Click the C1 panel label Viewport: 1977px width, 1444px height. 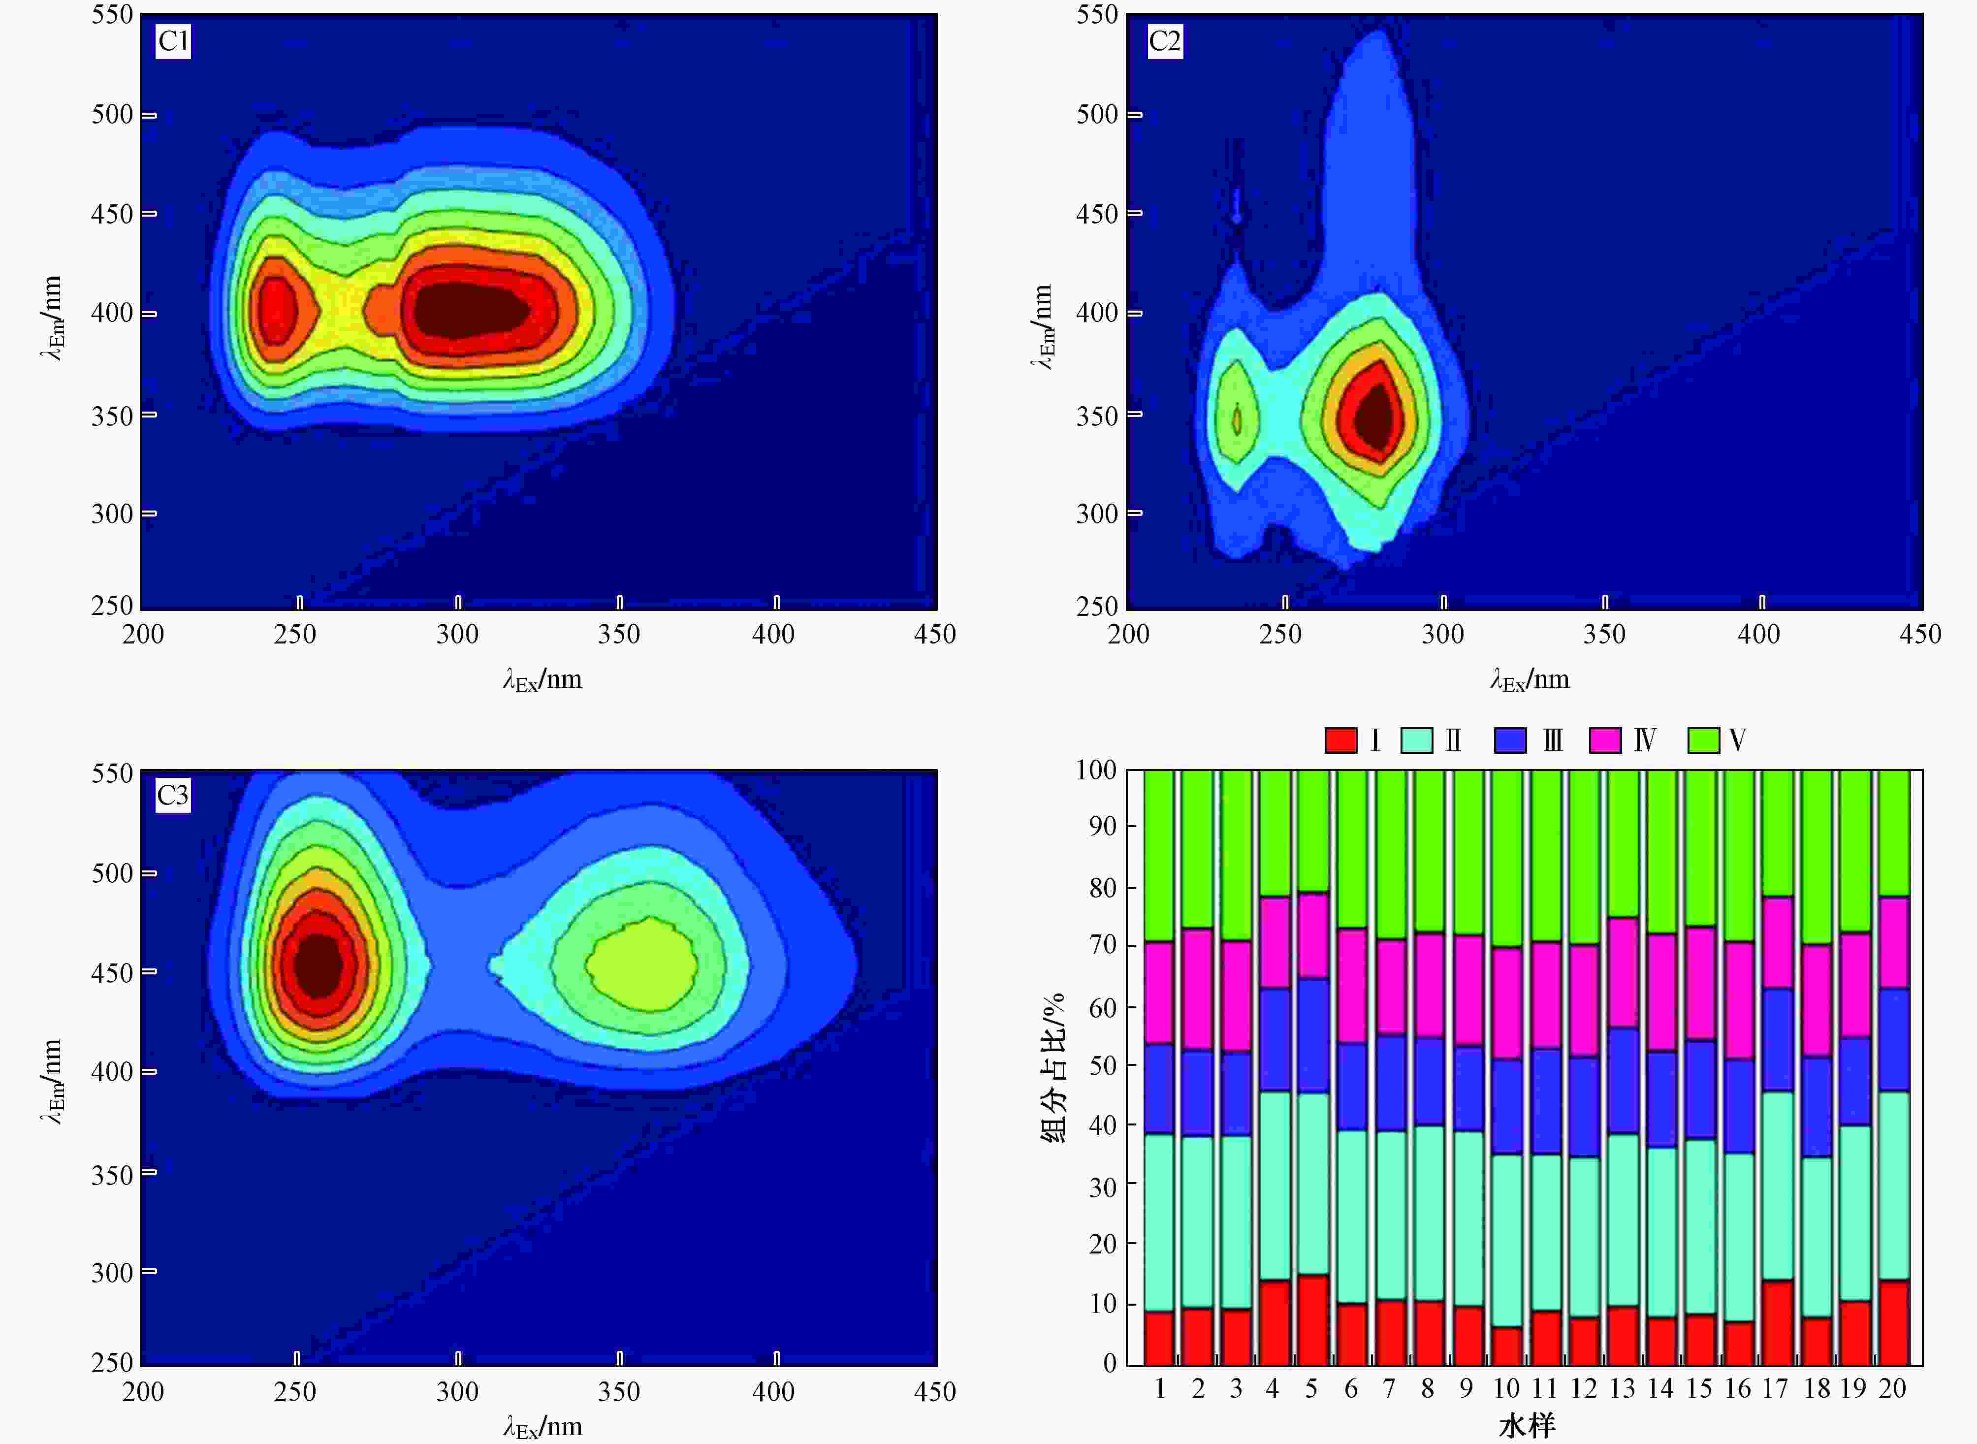click(x=173, y=41)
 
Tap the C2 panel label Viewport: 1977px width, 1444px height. click(x=1164, y=41)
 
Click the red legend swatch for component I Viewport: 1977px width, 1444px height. click(x=1340, y=740)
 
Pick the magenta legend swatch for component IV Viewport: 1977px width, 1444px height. click(x=1605, y=740)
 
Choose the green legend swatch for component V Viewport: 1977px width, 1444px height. click(x=1703, y=740)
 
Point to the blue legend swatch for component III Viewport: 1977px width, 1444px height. click(x=1510, y=740)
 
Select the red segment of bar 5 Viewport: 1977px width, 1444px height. click(x=1313, y=1320)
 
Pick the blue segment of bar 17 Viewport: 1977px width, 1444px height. click(x=1778, y=1040)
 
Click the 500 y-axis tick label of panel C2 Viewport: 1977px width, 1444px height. click(x=1097, y=115)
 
